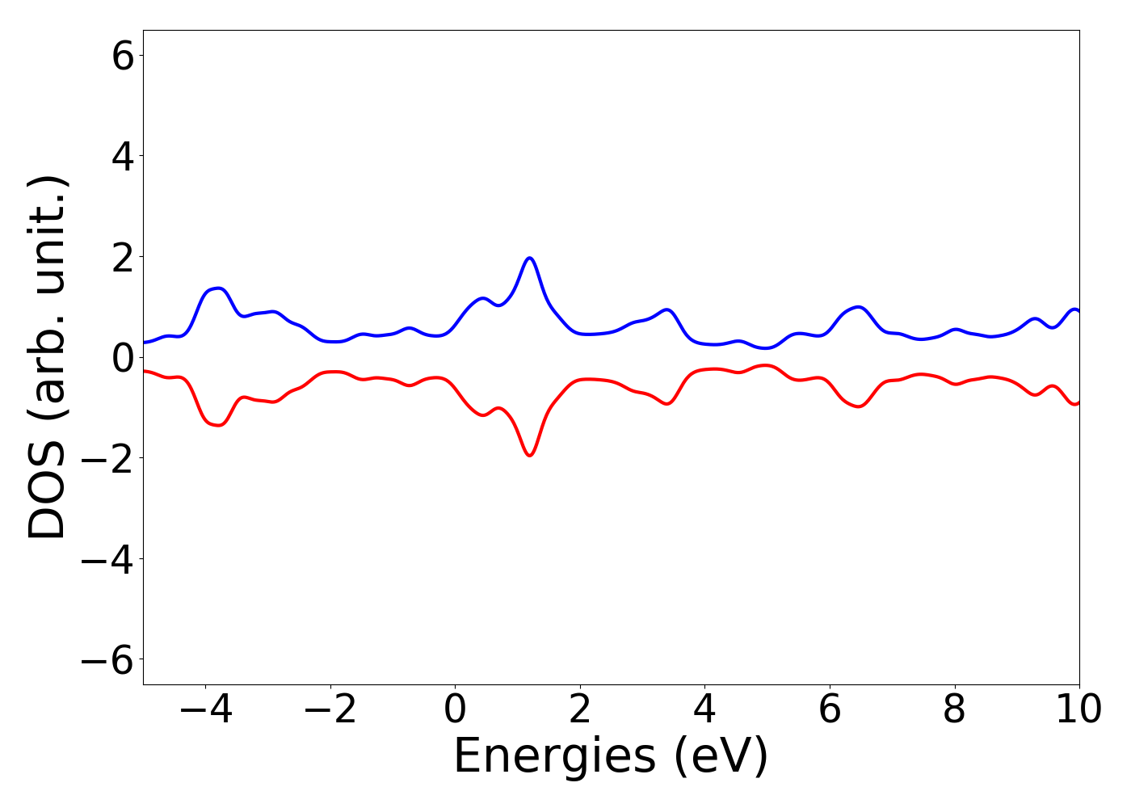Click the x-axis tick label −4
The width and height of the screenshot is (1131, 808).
[205, 710]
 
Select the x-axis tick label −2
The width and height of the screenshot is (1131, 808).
[330, 710]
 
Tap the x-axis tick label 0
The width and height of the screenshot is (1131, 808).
[455, 710]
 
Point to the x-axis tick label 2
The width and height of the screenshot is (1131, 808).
[580, 710]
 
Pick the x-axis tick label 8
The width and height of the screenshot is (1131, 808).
[954, 710]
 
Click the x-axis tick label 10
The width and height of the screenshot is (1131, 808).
[1078, 710]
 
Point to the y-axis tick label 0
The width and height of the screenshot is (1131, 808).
[123, 357]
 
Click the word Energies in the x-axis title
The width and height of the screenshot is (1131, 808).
[554, 757]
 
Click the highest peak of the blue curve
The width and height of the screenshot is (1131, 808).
[530, 258]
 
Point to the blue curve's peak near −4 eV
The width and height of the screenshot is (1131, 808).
[217, 288]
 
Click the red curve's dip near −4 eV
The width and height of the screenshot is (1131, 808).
[217, 425]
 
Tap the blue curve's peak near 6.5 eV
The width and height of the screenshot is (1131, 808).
[859, 307]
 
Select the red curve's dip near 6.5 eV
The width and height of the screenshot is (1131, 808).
[859, 406]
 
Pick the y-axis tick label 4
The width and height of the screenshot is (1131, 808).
[123, 156]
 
